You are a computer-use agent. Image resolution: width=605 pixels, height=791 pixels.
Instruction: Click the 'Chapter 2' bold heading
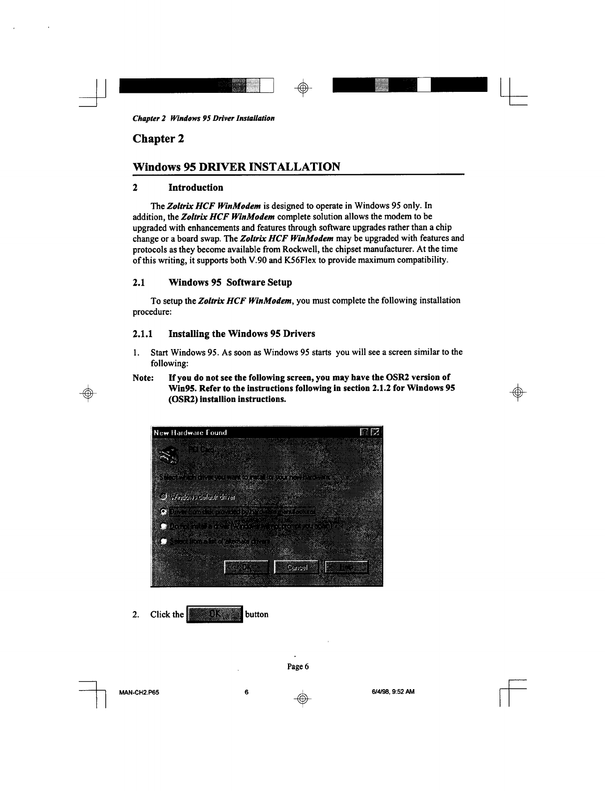(158, 138)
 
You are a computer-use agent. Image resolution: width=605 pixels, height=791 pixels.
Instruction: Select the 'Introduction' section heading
(196, 188)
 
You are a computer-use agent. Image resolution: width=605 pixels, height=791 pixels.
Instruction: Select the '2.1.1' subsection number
(143, 334)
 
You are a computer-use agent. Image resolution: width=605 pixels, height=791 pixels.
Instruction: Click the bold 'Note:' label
(143, 378)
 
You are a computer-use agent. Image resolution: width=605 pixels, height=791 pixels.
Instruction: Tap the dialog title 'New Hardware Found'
(190, 432)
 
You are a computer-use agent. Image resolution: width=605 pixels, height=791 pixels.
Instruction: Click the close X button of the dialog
(376, 432)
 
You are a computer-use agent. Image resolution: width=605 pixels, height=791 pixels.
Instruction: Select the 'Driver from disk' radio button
(163, 512)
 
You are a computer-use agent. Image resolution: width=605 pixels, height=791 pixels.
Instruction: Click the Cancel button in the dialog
(297, 567)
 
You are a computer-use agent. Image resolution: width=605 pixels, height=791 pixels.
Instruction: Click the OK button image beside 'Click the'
(214, 614)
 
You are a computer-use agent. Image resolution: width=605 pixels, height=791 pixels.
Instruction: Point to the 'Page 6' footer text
(298, 667)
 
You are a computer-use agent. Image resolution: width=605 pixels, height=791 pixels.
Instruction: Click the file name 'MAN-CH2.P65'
(139, 692)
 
